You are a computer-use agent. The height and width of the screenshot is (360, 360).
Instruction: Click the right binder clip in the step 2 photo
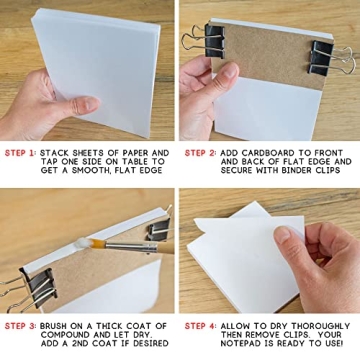click(x=327, y=58)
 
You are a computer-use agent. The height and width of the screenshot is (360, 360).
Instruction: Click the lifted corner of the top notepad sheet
click(x=231, y=215)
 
